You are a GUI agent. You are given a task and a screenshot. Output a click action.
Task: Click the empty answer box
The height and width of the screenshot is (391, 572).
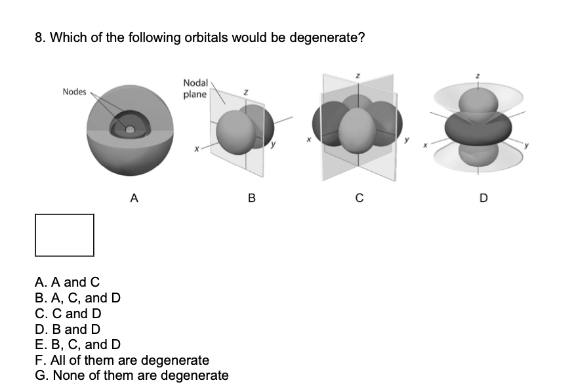tap(64, 235)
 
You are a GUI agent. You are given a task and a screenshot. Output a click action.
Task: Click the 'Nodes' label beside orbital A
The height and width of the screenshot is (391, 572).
tap(74, 92)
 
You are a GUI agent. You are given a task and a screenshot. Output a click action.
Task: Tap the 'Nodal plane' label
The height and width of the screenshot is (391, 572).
tap(195, 89)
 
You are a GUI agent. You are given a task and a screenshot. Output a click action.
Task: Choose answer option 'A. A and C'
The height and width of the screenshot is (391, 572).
tap(67, 282)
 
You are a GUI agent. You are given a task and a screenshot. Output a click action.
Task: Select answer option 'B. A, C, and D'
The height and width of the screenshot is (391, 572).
tap(77, 298)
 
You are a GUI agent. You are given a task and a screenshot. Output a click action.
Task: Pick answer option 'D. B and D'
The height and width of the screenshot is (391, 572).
tap(68, 329)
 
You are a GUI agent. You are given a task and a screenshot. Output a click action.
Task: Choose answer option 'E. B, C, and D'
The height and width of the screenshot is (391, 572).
tap(77, 344)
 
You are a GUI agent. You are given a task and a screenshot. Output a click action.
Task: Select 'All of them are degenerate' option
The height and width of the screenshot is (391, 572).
tap(122, 360)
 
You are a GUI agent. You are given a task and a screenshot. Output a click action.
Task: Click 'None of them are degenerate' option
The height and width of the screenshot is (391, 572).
tap(132, 376)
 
